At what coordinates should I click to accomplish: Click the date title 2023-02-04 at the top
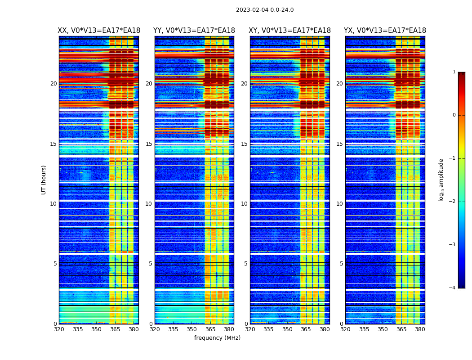tap(265, 10)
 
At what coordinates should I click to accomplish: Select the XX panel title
tap(99, 31)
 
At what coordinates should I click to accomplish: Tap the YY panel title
tap(194, 31)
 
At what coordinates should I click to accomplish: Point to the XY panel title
tap(290, 31)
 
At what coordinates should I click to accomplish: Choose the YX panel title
tap(385, 31)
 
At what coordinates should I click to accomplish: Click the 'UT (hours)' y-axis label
tap(44, 180)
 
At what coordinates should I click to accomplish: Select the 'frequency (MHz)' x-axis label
tap(217, 338)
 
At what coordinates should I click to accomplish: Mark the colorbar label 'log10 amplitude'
tap(441, 180)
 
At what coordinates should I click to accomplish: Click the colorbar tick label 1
tap(454, 72)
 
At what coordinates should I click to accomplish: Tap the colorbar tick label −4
tap(453, 288)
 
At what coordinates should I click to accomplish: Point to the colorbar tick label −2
tap(453, 202)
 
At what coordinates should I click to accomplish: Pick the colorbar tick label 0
tap(454, 115)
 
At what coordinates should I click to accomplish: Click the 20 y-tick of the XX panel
tap(53, 84)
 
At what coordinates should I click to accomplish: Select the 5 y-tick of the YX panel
tap(341, 264)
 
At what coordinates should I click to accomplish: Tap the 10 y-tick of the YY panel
tap(149, 204)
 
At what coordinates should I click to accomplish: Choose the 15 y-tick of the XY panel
tap(244, 144)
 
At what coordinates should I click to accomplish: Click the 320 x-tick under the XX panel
tap(59, 329)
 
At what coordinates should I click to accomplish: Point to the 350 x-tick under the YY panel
tap(192, 329)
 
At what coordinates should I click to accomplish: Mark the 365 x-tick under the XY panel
tap(306, 329)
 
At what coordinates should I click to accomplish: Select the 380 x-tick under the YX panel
tap(420, 329)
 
